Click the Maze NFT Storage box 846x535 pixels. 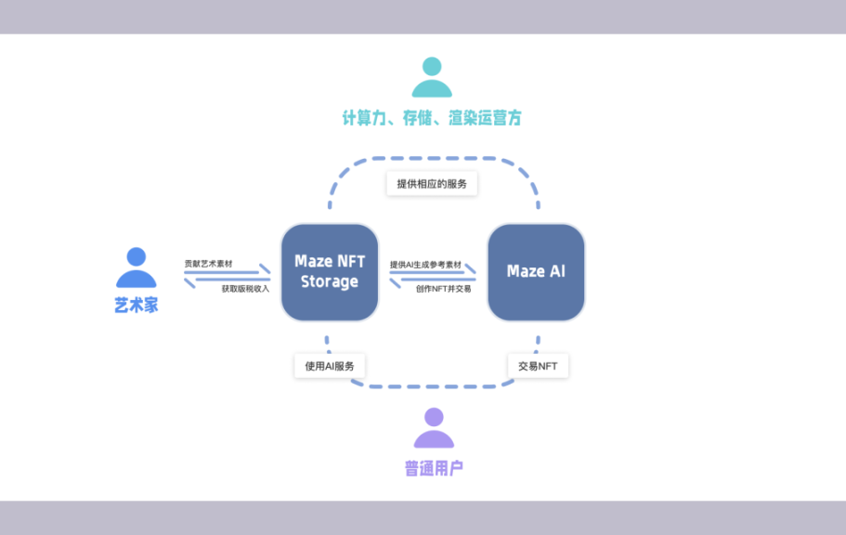coord(330,272)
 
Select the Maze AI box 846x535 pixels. coord(536,272)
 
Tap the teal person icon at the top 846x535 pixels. coord(432,78)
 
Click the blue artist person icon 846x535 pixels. coord(137,268)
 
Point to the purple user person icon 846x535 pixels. coord(434,428)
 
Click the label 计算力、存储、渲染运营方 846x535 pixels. coord(432,118)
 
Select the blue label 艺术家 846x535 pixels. coord(137,306)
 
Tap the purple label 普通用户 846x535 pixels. coord(434,467)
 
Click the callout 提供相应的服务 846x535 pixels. coord(432,184)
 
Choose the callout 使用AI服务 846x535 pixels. coord(330,366)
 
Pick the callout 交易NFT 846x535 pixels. coord(538,366)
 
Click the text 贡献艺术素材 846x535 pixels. coord(208,264)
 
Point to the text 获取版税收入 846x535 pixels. coord(245,289)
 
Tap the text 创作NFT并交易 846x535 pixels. coord(443,289)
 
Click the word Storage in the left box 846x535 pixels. coord(330,282)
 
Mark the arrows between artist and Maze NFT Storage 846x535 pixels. coord(228,277)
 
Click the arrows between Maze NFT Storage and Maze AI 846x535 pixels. coord(433,277)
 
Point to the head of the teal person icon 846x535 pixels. coord(432,66)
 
